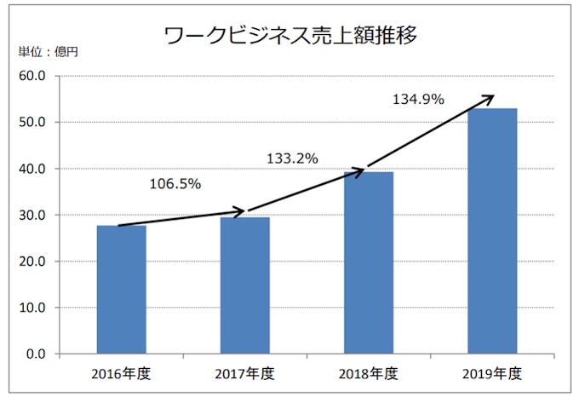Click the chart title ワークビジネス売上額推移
tap(289, 36)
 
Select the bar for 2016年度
tap(121, 290)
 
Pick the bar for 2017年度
tap(244, 285)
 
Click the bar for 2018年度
tap(368, 262)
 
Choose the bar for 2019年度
tap(491, 231)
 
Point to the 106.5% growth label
tap(175, 183)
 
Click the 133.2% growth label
tap(292, 158)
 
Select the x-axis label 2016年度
tap(121, 373)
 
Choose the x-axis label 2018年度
tap(368, 373)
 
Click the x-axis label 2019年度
tap(491, 373)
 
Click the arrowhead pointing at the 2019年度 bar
tap(488, 97)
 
